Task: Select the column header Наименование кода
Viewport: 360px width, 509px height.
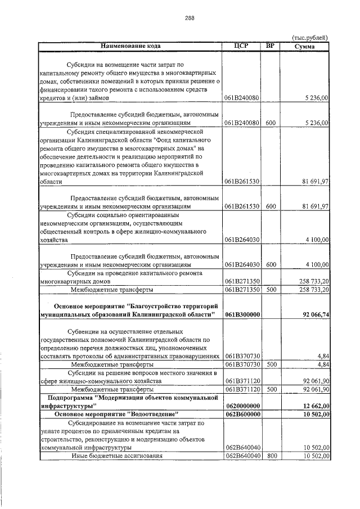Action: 130,46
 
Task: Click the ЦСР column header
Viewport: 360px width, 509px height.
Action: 241,46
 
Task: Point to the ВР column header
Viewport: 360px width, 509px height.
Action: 270,46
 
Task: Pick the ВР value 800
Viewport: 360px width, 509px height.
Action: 271,456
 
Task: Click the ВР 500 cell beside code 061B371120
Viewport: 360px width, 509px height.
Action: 271,389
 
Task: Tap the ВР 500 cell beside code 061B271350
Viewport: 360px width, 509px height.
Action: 271,289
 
